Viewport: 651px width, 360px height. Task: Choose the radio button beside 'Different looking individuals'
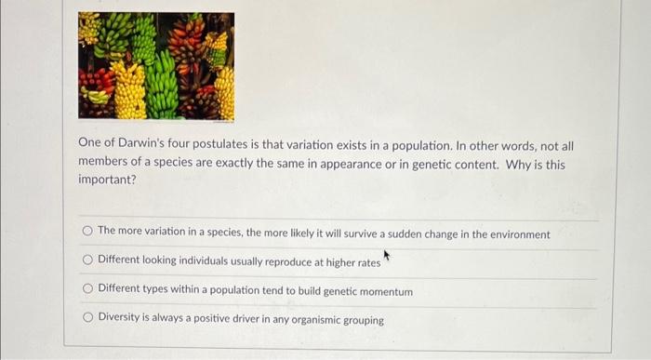point(87,261)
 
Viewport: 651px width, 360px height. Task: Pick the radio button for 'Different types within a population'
point(87,290)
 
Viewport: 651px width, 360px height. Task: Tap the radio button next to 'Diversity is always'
point(87,319)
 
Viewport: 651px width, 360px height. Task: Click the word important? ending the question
point(107,180)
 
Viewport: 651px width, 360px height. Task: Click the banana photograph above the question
point(155,65)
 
